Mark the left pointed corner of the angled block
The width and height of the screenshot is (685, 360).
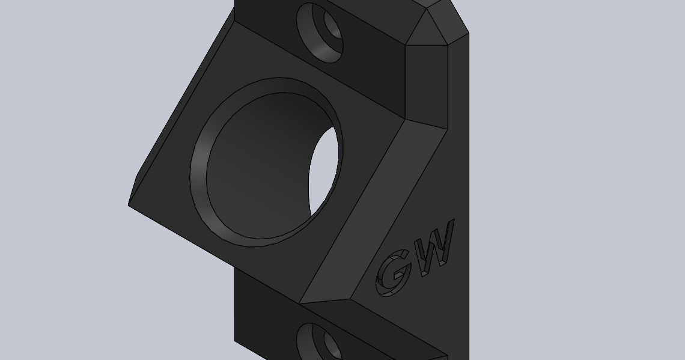point(130,204)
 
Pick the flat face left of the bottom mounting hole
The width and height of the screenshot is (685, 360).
point(264,325)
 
